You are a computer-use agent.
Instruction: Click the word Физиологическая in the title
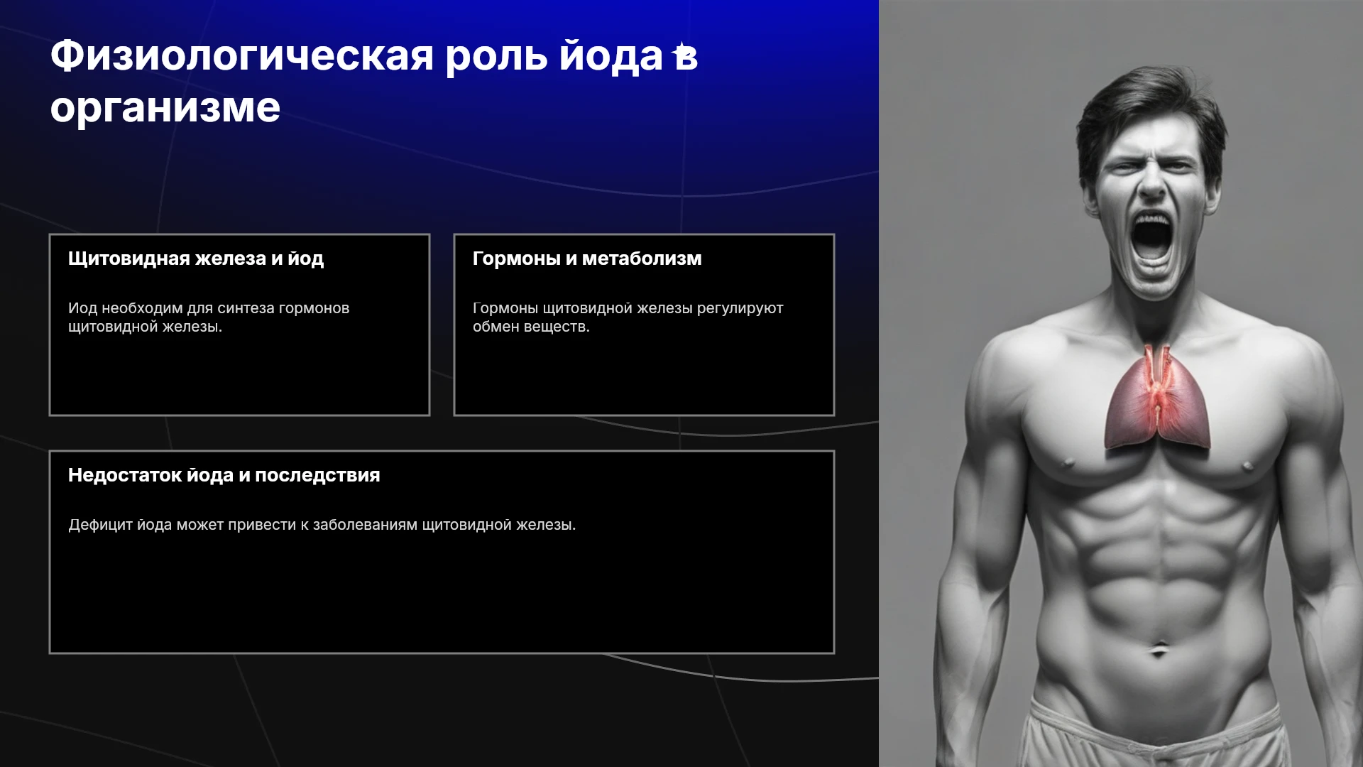242,56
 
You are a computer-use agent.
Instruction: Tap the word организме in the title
165,109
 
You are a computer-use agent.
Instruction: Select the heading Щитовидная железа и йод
196,259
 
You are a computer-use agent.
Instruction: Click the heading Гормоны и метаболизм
587,259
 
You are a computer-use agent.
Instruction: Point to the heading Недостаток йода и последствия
224,475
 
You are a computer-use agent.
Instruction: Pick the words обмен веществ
531,327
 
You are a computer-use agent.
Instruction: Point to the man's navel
1159,648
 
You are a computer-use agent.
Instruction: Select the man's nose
1152,184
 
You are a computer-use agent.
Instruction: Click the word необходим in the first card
142,309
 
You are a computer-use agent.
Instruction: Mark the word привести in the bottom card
262,526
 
